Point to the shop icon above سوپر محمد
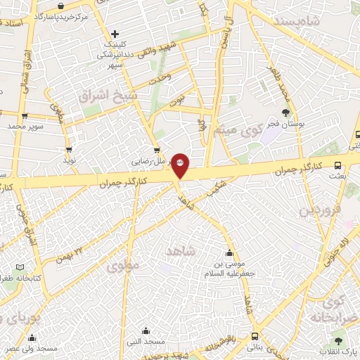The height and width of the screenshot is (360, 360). tap(25, 117)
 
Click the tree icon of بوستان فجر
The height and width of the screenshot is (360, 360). tap(285, 112)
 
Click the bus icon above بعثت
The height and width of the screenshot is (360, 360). tap(337, 166)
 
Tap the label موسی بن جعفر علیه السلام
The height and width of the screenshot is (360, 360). tap(229, 268)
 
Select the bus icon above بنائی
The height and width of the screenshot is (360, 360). tap(253, 337)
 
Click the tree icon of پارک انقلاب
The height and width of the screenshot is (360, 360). tap(340, 340)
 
